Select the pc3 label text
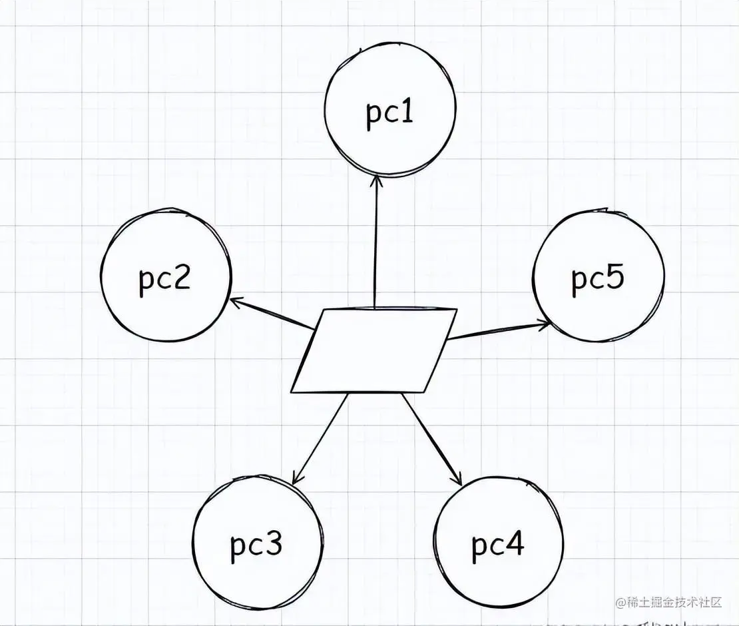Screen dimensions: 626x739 pos(256,545)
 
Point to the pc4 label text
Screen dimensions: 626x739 pos(498,545)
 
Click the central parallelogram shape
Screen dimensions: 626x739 pos(374,350)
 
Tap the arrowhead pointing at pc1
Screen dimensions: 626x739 pos(376,180)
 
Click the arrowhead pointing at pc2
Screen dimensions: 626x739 pos(234,301)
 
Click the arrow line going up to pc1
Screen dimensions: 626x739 pos(376,246)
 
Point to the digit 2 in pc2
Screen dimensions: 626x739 pos(181,278)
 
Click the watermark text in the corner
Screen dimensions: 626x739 pos(669,603)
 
